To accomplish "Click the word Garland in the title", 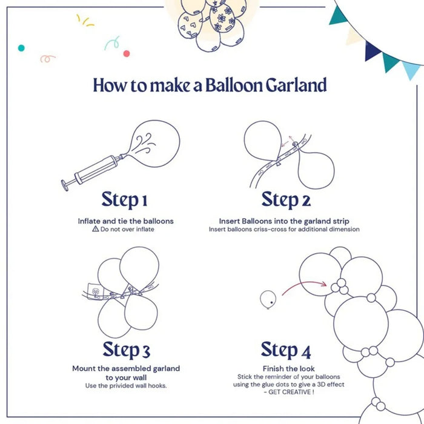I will pyautogui.click(x=296, y=85).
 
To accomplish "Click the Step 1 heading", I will pyautogui.click(x=124, y=199).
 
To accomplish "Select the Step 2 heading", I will pyautogui.click(x=286, y=199).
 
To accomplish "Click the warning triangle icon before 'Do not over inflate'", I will pyautogui.click(x=95, y=230).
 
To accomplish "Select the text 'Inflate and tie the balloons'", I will pyautogui.click(x=125, y=221).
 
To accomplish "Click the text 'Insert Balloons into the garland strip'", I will pyautogui.click(x=284, y=221).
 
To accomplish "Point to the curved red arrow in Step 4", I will pyautogui.click(x=303, y=285).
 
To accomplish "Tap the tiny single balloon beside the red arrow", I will pyautogui.click(x=268, y=298).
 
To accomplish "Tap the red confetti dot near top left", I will pyautogui.click(x=127, y=53).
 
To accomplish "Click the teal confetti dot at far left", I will pyautogui.click(x=21, y=47).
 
